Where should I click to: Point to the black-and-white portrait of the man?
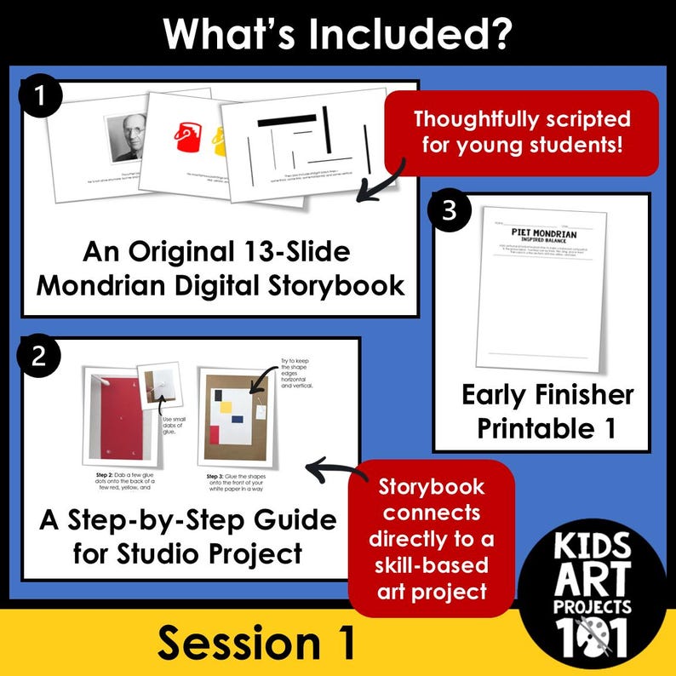[127, 136]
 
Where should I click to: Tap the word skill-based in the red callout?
[433, 565]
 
